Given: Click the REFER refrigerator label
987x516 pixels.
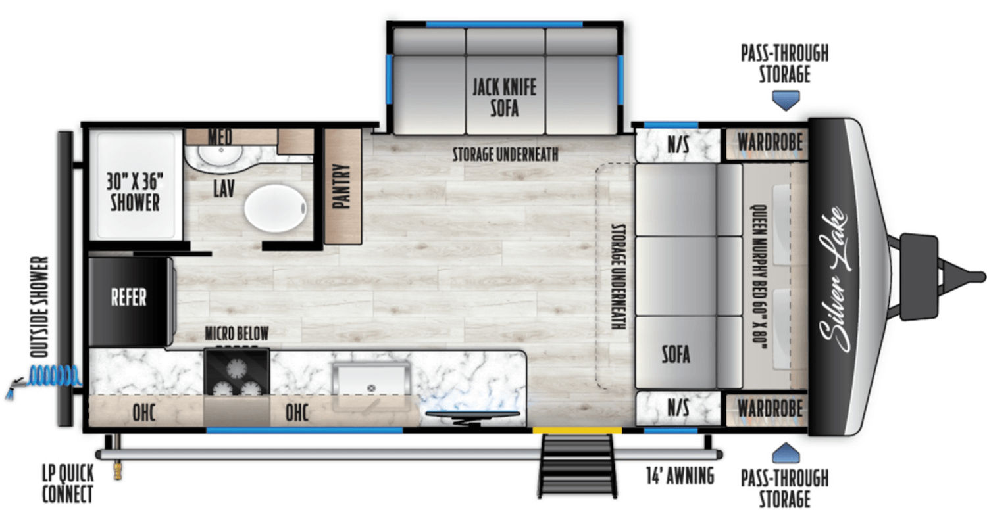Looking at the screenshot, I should coord(129,297).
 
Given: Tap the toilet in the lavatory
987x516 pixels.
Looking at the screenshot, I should coord(276,208).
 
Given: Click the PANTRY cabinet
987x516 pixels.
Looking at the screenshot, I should coord(343,186).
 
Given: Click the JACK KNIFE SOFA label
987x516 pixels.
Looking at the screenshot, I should coord(504,97).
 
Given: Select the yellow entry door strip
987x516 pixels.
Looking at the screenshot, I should coord(577,431).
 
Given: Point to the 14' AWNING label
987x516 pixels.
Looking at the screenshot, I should coord(680,475).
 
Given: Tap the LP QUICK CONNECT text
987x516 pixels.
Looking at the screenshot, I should coord(68,483).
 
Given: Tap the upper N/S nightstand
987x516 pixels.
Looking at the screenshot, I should coord(678,145).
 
